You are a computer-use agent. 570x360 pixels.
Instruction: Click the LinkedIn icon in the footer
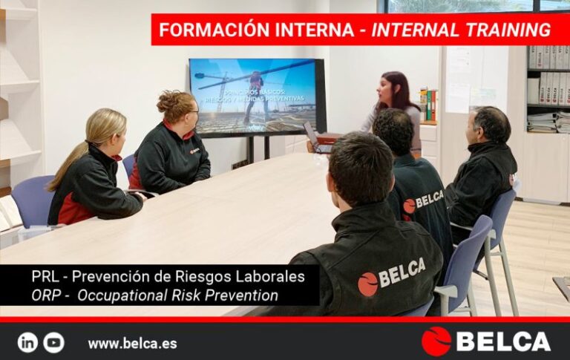[27, 342]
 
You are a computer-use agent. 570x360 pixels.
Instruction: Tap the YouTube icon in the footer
[53, 342]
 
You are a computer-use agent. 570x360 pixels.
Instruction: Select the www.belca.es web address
[132, 344]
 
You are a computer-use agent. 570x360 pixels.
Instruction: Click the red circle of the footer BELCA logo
[436, 341]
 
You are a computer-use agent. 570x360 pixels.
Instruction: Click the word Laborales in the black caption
[270, 277]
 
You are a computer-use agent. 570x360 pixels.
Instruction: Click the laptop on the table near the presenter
[315, 138]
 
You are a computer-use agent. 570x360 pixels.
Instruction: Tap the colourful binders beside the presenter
[428, 105]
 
